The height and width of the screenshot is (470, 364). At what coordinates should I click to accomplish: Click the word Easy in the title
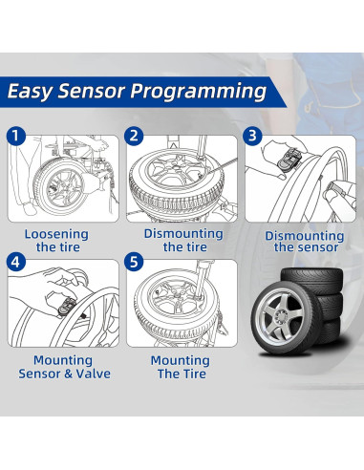coord(36,92)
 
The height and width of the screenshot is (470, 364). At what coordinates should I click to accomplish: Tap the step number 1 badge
coord(16,135)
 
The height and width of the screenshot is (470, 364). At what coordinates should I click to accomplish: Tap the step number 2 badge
coord(135,135)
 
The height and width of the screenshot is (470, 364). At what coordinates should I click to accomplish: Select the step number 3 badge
coord(253,135)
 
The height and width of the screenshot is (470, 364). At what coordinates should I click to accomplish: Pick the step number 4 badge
coord(16,260)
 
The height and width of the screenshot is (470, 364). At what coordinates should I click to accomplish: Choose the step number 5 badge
coord(135,260)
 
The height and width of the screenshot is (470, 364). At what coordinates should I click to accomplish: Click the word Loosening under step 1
coord(55,234)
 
